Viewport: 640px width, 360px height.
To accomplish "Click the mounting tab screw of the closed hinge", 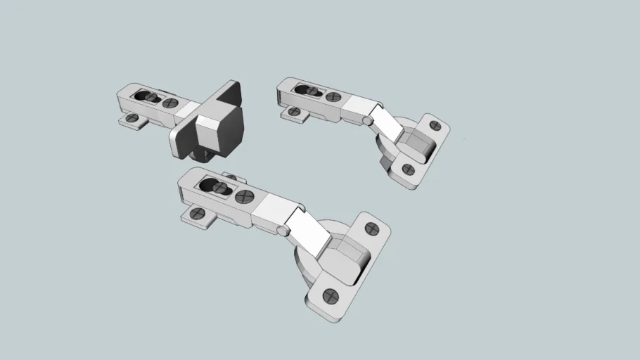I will tap(130, 120).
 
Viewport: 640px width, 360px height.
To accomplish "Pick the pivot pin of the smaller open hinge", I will tap(368, 120).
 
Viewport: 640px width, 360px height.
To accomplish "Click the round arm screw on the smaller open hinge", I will tap(333, 97).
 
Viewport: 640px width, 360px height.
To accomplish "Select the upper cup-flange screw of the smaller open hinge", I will tap(435, 127).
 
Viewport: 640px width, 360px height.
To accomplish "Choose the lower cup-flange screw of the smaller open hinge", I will tap(407, 169).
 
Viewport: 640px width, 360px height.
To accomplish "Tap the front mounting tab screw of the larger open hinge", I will tap(196, 214).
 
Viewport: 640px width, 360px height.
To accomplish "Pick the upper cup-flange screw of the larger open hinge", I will tap(373, 229).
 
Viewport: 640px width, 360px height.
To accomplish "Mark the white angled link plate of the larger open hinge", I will tap(309, 231).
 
